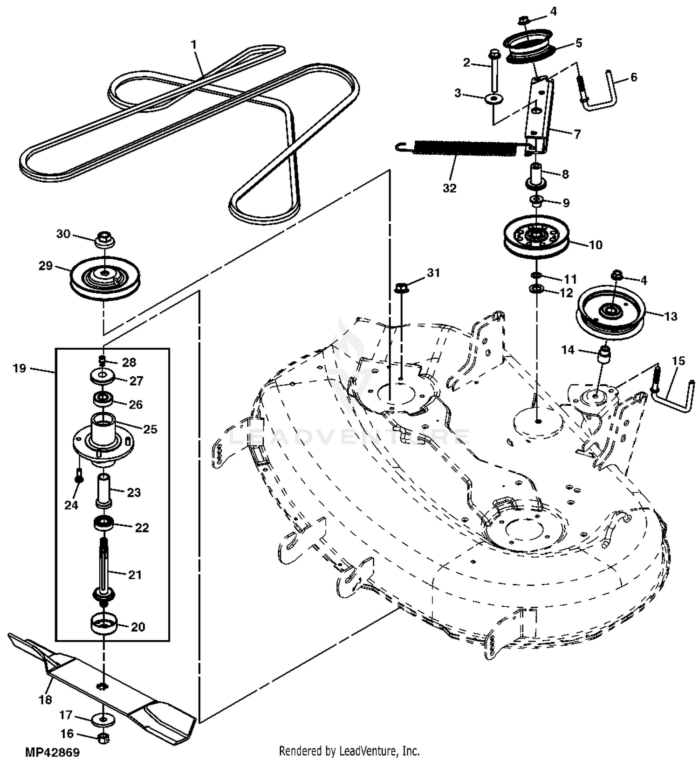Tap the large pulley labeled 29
point(105,278)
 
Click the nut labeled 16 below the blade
point(104,738)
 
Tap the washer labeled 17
point(103,719)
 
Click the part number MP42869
point(53,752)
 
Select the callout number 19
point(19,368)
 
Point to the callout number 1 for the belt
point(193,45)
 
